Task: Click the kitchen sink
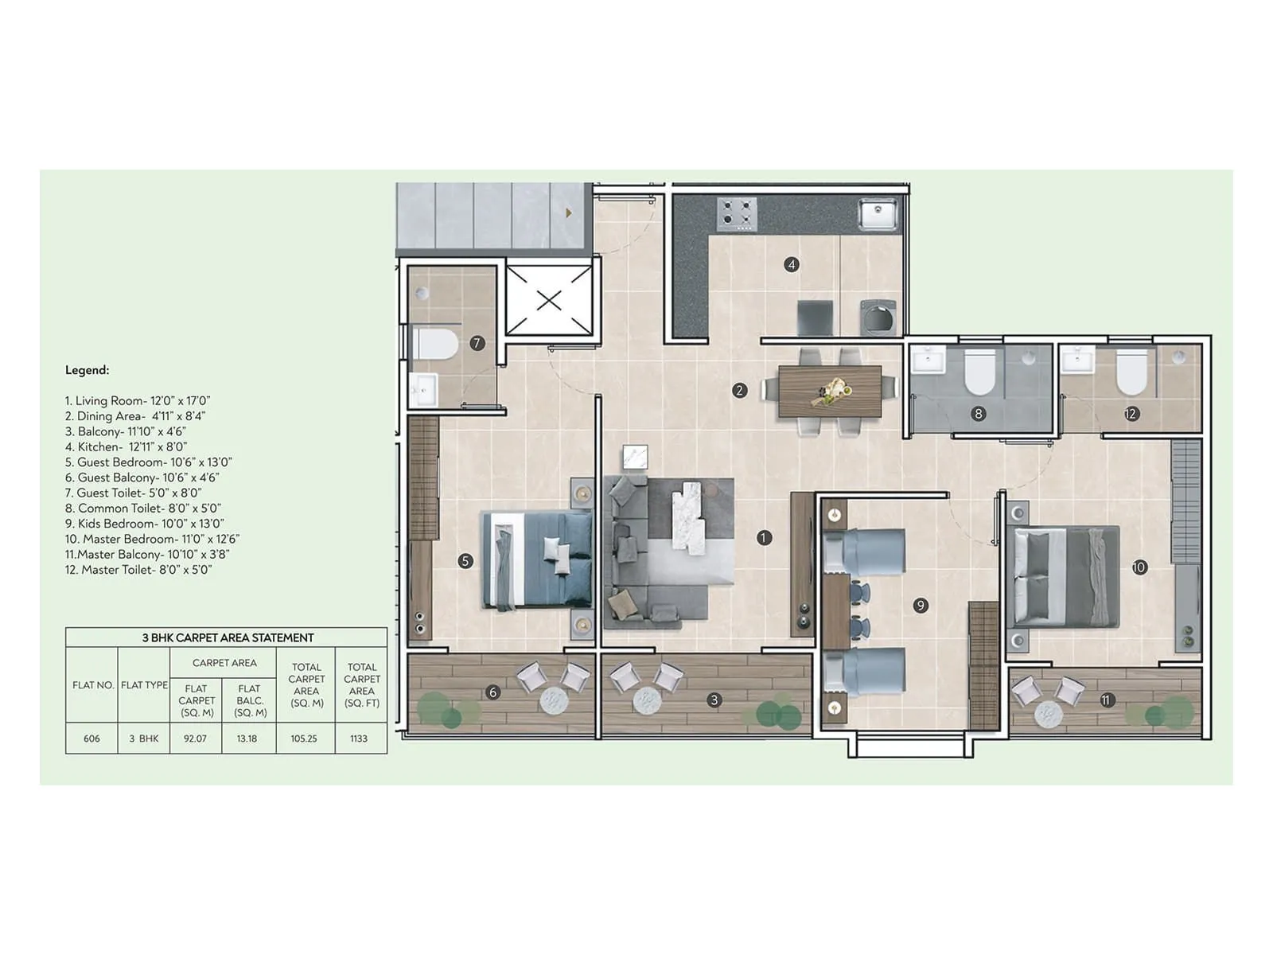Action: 878,214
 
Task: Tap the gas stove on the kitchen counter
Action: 736,214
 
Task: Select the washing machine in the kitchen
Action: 878,317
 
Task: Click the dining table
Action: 830,391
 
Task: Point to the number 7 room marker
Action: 477,343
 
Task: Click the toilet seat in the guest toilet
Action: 436,345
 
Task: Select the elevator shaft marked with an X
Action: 549,300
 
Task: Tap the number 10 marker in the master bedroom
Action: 1139,567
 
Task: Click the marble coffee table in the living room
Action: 689,516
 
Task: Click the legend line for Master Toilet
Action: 138,570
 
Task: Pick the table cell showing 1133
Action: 359,739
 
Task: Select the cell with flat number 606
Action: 91,739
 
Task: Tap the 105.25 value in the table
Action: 304,739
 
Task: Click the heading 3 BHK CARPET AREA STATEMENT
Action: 228,637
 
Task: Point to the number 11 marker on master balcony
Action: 1106,700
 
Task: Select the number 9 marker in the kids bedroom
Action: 921,606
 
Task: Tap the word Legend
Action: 87,370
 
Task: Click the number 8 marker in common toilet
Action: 979,413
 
